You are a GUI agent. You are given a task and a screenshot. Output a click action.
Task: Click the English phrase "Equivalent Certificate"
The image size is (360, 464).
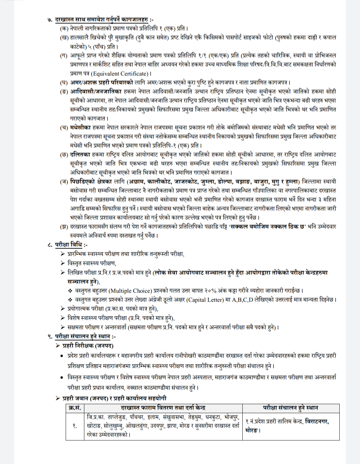coord(120,74)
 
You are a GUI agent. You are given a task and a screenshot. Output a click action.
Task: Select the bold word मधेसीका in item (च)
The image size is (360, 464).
coord(80,127)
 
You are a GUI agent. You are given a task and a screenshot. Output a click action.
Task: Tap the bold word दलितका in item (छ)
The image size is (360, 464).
coord(80,155)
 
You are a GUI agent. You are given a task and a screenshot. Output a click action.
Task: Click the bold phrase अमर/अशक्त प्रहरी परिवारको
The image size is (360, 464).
coord(101,83)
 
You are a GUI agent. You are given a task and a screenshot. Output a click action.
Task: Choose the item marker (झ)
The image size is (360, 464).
coord(64,227)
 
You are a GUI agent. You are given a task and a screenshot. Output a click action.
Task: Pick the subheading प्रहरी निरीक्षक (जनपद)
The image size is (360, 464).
coord(88,346)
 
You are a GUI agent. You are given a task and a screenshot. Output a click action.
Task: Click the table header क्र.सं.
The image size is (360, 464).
coord(75,408)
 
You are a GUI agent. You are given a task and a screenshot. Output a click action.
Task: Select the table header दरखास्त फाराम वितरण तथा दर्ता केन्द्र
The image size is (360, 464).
coord(163,408)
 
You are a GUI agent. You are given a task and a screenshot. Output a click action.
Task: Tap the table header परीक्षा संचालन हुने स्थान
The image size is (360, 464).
coord(290,408)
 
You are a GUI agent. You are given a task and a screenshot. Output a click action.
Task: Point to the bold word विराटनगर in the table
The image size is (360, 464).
coord(316,422)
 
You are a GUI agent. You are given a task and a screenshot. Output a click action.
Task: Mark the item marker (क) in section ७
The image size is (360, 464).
coord(64,29)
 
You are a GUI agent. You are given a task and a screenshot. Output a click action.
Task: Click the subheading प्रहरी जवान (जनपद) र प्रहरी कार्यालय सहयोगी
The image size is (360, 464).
coord(114,398)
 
